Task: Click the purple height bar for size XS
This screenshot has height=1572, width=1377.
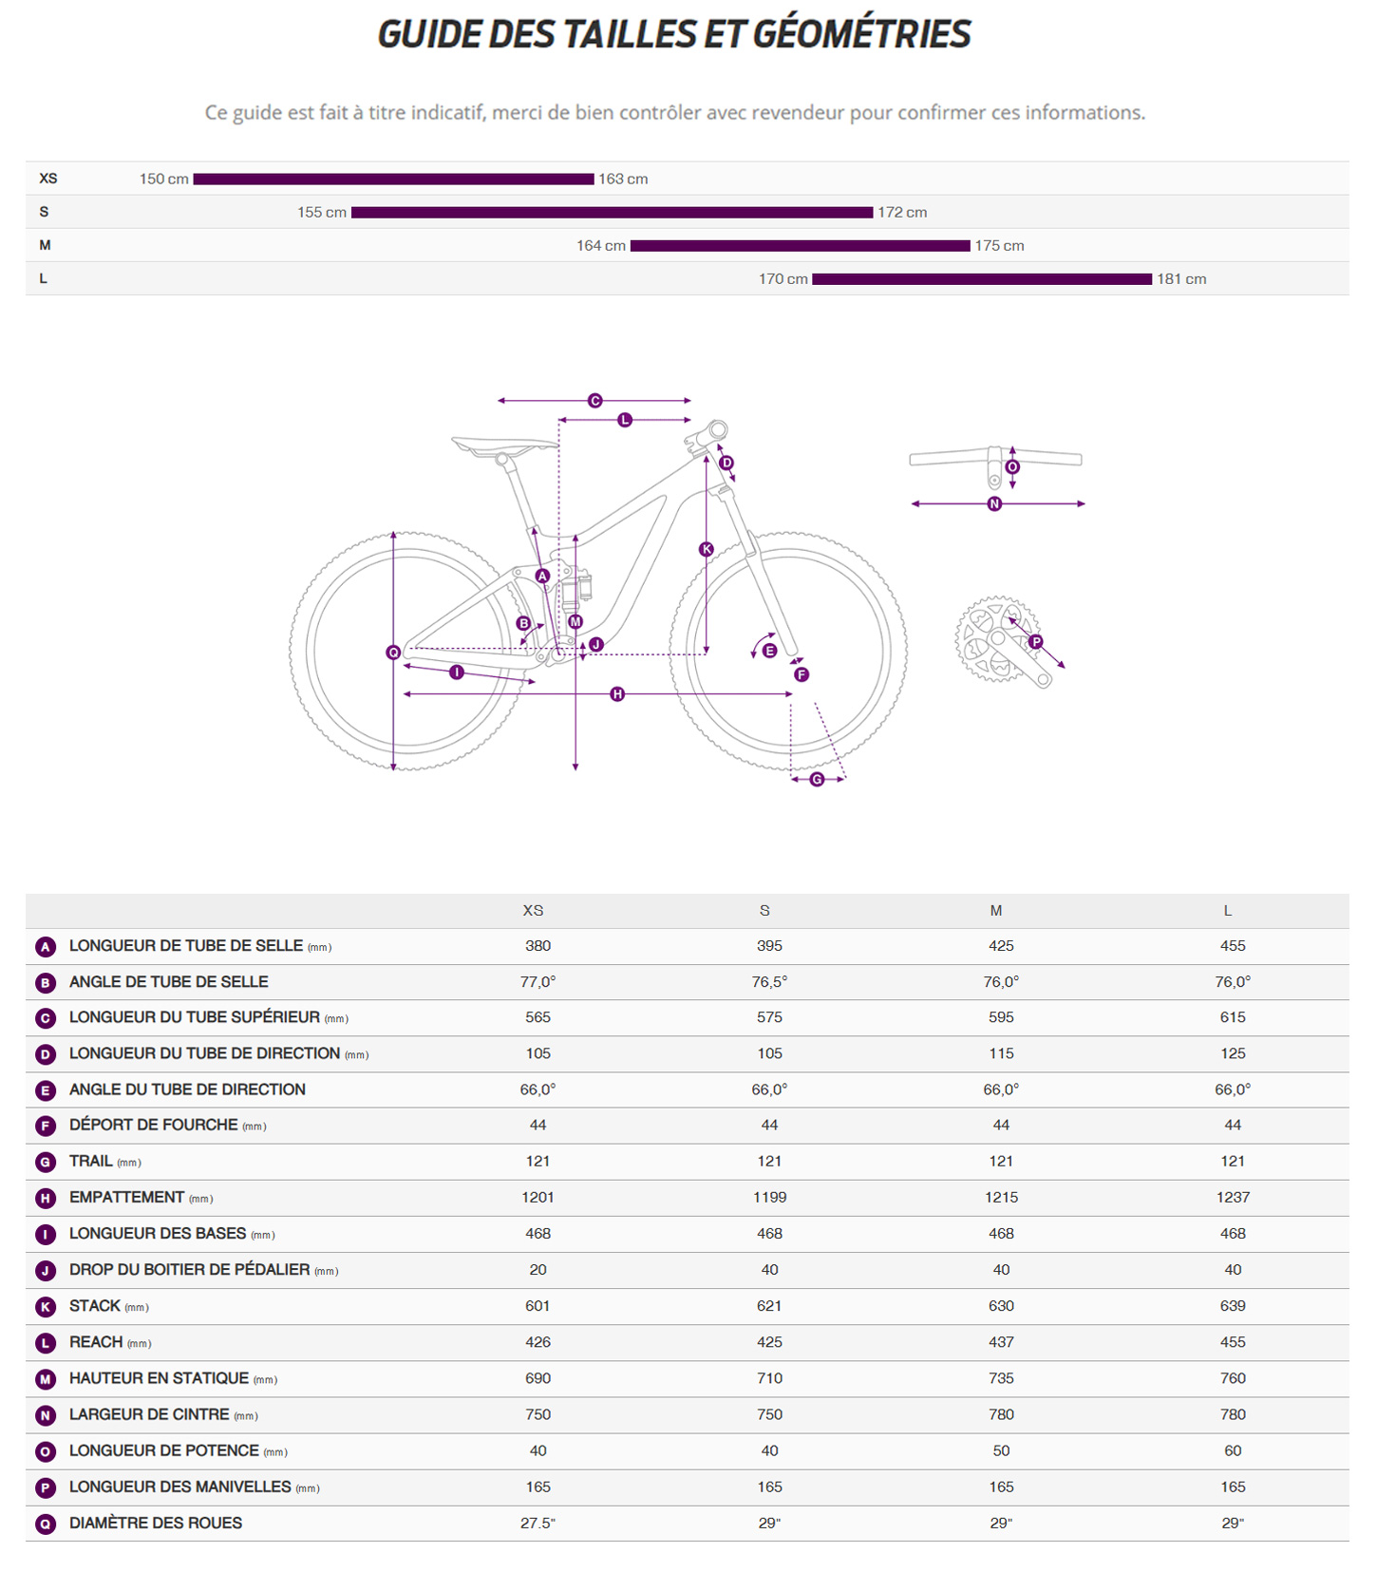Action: click(393, 179)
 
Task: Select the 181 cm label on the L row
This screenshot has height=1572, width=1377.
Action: click(1181, 279)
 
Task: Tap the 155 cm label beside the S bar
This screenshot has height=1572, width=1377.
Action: click(322, 213)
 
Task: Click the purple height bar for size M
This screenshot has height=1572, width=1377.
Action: click(801, 246)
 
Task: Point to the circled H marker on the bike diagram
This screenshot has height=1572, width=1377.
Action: click(617, 694)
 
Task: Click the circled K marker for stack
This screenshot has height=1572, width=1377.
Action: click(707, 549)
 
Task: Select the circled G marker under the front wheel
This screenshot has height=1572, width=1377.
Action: click(817, 779)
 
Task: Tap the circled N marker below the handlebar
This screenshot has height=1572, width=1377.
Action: click(994, 503)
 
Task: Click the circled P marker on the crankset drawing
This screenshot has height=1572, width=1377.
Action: click(1036, 642)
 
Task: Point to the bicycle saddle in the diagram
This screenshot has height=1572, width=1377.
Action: click(503, 445)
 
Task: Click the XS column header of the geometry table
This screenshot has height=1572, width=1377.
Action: click(534, 911)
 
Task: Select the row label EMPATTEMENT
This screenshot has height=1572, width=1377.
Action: click(126, 1198)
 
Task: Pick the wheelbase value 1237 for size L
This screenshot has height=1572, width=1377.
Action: click(1233, 1198)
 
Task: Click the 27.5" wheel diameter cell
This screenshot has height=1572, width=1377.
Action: click(538, 1524)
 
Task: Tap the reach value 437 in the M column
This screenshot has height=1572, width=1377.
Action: click(1001, 1342)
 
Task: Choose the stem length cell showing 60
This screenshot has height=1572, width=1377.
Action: click(1233, 1451)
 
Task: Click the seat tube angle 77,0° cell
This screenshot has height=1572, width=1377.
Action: click(538, 982)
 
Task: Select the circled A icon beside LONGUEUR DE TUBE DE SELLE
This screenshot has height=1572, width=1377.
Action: click(46, 947)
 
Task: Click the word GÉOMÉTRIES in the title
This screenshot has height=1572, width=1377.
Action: click(861, 34)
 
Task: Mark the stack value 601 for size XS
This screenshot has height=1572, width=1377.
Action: click(538, 1306)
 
